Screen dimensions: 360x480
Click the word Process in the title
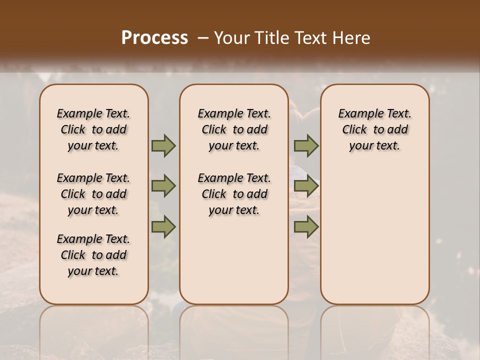click(x=154, y=38)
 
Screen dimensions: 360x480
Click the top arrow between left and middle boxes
click(x=163, y=146)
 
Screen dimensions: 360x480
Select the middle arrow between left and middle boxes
click(x=163, y=186)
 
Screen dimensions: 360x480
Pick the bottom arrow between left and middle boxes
click(x=163, y=227)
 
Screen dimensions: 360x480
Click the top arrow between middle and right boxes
click(x=306, y=146)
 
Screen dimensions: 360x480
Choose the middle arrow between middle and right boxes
click(x=306, y=186)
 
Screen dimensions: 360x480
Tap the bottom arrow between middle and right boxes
click(x=306, y=227)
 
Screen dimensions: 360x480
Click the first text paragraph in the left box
click(x=93, y=129)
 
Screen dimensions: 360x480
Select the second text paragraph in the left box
click(x=93, y=194)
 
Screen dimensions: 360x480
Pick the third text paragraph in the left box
click(x=93, y=255)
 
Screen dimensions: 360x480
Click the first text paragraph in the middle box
click(x=234, y=129)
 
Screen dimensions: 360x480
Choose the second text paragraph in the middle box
click(x=234, y=194)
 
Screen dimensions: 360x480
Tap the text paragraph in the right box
click(x=375, y=129)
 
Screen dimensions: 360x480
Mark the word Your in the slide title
click(x=229, y=38)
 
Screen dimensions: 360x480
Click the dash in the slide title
click(x=202, y=38)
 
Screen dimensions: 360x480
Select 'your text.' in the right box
click(x=374, y=146)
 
